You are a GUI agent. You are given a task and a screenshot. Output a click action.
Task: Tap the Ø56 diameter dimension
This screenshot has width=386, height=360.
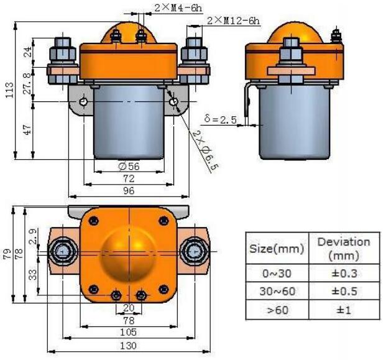point(128,167)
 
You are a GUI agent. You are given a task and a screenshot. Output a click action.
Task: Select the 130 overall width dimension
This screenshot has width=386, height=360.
point(128,346)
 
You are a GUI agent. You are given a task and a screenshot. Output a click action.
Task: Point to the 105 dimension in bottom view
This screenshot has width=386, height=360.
point(128,333)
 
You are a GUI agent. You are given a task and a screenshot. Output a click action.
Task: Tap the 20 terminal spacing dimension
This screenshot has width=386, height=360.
point(128,307)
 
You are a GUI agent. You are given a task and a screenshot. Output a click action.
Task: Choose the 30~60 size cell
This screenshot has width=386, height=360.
point(276,291)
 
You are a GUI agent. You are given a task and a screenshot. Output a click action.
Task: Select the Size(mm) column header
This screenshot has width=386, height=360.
point(276,249)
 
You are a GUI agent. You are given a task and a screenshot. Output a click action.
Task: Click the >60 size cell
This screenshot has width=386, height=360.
point(276,310)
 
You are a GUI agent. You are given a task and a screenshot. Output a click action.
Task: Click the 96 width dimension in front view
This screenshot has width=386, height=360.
point(128,192)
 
